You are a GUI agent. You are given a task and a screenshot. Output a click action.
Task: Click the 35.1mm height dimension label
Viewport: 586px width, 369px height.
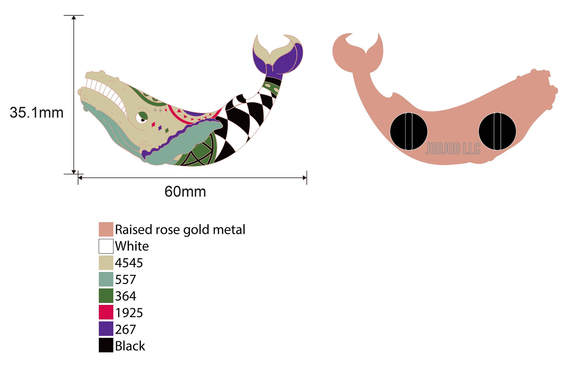click(x=37, y=113)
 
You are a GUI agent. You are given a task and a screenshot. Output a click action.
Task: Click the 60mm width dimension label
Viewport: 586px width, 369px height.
click(x=185, y=192)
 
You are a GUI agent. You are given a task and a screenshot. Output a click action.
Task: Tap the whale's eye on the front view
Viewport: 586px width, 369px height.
click(x=142, y=117)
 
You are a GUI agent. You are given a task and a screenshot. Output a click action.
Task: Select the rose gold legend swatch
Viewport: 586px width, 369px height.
click(x=106, y=229)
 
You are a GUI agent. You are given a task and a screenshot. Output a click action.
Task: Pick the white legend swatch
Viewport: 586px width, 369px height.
click(x=106, y=246)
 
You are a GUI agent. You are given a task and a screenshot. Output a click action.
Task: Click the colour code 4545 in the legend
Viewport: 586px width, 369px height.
click(x=129, y=263)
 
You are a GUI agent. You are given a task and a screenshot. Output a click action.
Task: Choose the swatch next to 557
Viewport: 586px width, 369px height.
click(x=106, y=279)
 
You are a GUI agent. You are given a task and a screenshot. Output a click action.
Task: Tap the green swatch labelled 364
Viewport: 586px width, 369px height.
click(x=106, y=296)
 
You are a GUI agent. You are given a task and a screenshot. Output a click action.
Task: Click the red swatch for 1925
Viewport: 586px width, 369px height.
click(x=106, y=312)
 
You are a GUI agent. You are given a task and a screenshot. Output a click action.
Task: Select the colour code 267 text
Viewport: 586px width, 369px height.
click(x=125, y=329)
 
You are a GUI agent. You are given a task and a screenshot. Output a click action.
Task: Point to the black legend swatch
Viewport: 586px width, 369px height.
click(x=106, y=346)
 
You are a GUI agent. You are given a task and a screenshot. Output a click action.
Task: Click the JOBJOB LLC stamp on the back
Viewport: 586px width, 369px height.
click(x=453, y=149)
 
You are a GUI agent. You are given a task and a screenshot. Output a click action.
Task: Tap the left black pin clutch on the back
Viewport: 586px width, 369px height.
click(x=409, y=131)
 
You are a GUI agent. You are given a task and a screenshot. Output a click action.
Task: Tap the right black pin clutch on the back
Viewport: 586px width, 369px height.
click(x=497, y=131)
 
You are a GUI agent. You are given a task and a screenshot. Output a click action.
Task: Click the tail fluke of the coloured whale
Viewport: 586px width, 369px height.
click(x=278, y=55)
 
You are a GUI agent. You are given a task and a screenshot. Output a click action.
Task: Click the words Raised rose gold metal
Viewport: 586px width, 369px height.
click(x=180, y=230)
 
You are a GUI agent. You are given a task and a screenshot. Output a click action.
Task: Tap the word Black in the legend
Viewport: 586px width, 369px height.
click(x=130, y=346)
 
